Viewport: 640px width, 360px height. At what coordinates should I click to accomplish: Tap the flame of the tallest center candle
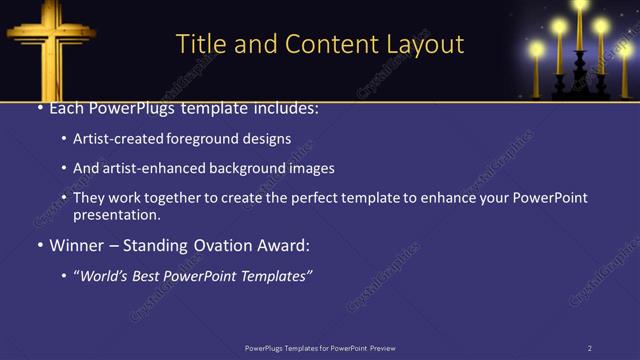pyautogui.click(x=580, y=5)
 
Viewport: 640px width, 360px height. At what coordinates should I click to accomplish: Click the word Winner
pyautogui.click(x=78, y=245)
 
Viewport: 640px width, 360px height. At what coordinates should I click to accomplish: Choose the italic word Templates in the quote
pyautogui.click(x=273, y=275)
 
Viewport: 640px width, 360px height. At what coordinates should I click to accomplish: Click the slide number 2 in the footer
pyautogui.click(x=590, y=348)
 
